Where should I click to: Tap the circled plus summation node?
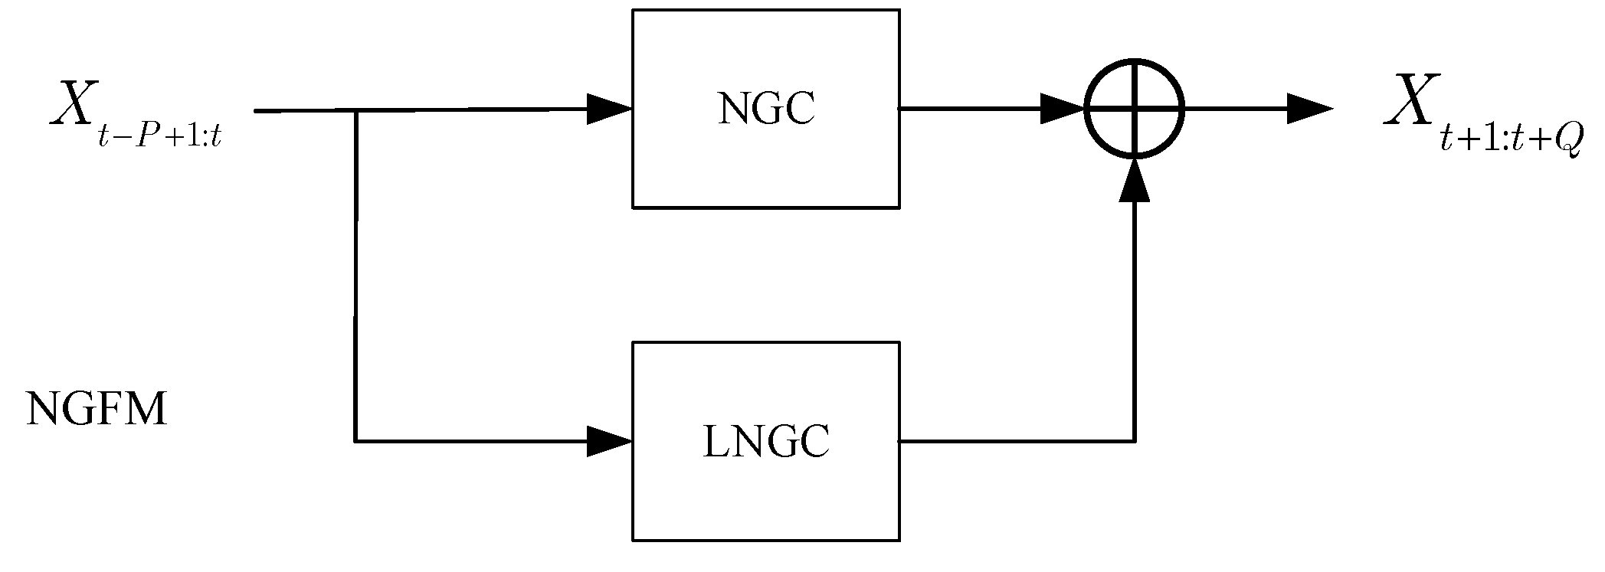click(x=1135, y=109)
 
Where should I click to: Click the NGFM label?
click(x=97, y=410)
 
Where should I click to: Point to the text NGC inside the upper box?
click(x=766, y=109)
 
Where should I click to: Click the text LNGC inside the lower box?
click(x=766, y=442)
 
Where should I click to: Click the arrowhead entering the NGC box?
click(x=610, y=109)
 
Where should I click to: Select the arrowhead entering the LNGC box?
click(x=610, y=441)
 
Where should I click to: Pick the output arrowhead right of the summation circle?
click(x=1309, y=109)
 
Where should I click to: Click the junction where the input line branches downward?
click(x=356, y=111)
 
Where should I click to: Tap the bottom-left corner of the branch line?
click(x=355, y=441)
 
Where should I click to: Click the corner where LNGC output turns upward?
click(x=1135, y=441)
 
